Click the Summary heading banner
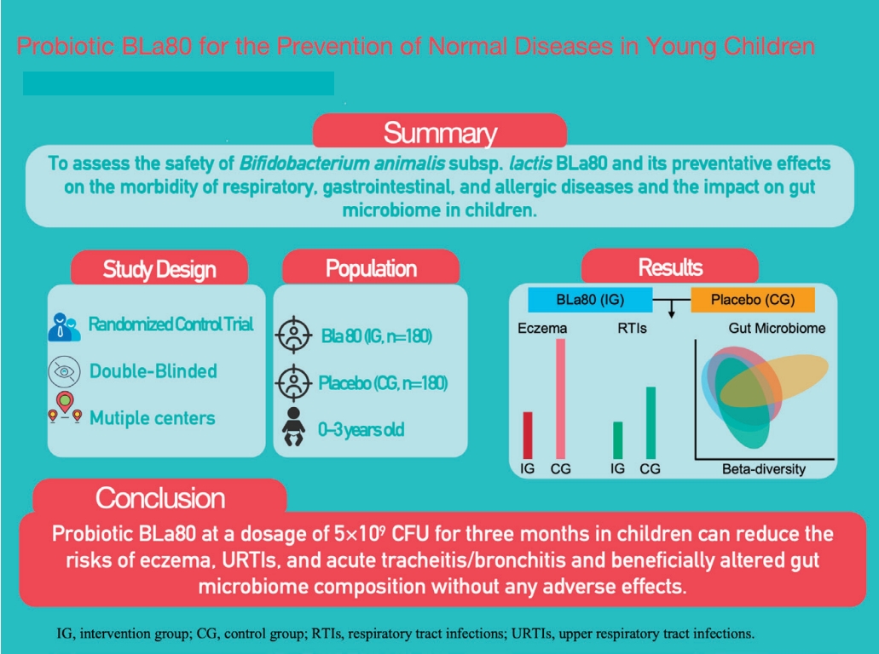click(x=439, y=133)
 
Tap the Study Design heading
click(x=159, y=270)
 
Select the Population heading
click(x=371, y=270)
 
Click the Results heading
click(x=670, y=267)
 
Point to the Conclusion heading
click(x=160, y=497)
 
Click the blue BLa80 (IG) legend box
click(x=590, y=300)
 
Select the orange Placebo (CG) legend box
click(x=751, y=300)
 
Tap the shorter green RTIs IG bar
click(x=618, y=439)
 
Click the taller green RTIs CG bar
click(x=651, y=422)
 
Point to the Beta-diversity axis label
click(x=763, y=469)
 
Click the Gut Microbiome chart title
click(x=777, y=328)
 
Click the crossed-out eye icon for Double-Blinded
click(x=65, y=371)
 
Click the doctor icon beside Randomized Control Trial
click(x=65, y=327)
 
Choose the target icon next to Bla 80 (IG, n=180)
click(x=290, y=336)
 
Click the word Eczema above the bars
click(x=542, y=328)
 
